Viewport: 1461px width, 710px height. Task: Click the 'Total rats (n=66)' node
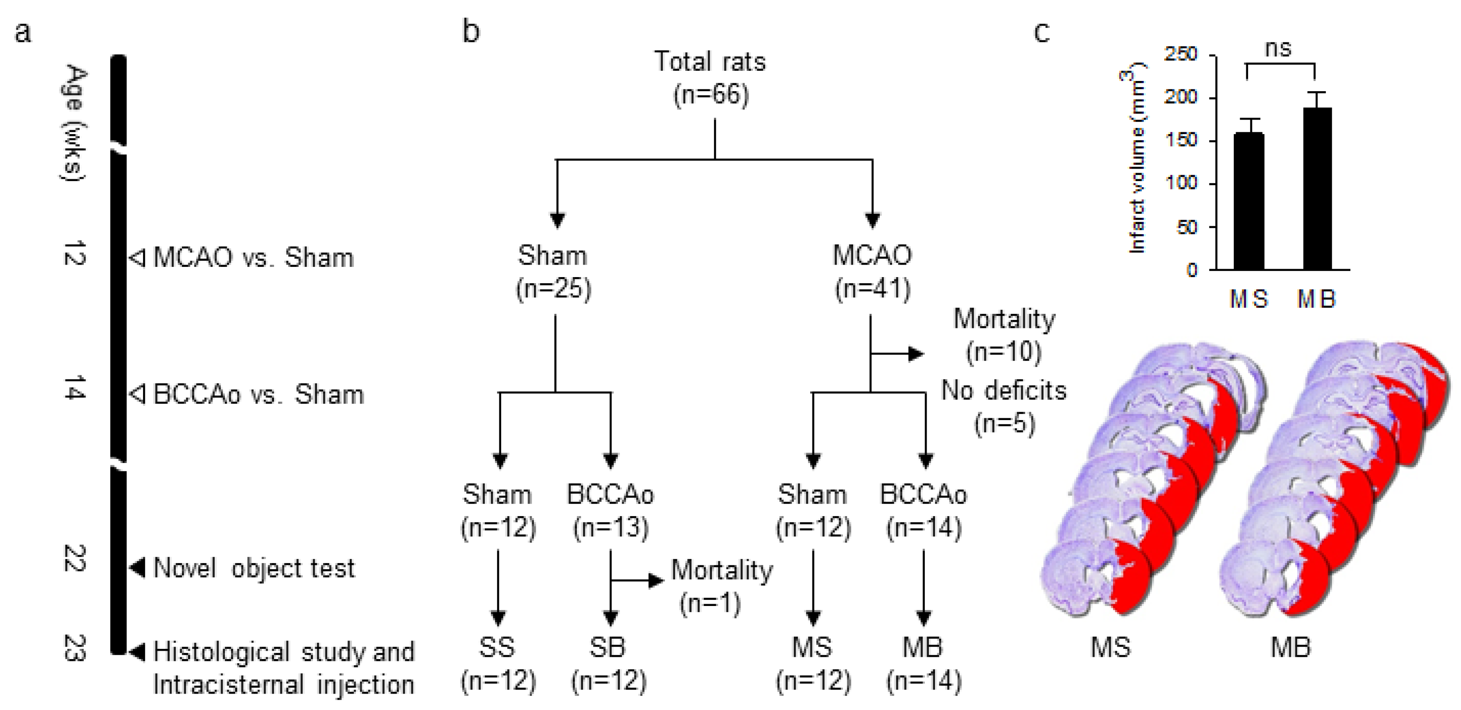pos(711,78)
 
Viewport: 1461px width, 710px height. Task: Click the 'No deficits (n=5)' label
pos(1004,407)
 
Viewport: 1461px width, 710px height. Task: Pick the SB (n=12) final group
pos(609,664)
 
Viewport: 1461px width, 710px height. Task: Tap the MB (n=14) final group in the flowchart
pos(924,664)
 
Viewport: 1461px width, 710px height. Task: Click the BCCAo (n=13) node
pos(610,510)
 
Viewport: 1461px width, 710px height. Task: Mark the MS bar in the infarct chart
pos(1249,201)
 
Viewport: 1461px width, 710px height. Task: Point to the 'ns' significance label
pos(1279,49)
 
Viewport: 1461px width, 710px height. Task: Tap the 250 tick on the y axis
pos(1181,54)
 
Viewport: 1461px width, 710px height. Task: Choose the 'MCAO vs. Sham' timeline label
pos(253,258)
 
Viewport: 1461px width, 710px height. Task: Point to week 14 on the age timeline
pos(74,387)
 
